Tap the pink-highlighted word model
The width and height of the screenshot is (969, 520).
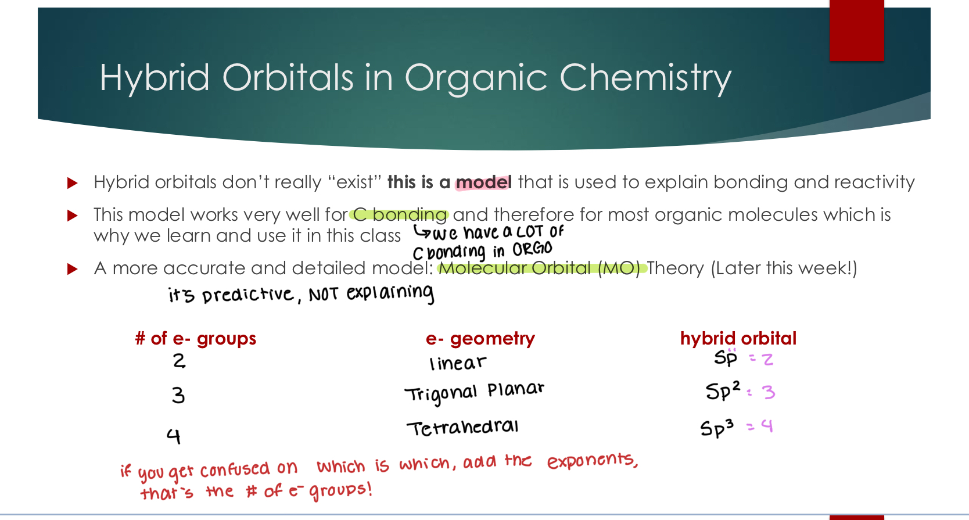pos(483,182)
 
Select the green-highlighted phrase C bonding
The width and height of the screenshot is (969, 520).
pos(400,215)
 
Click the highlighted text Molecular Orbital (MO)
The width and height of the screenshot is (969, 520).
pos(539,268)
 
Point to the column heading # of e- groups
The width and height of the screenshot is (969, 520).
pos(195,338)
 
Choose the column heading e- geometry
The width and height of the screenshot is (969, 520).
pos(480,338)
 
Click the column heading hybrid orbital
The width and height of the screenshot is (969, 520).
pos(738,338)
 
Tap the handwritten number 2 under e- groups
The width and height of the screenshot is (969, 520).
pos(179,361)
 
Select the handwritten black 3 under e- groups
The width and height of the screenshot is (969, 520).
pos(178,396)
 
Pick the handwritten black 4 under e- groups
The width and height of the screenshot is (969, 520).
pos(174,435)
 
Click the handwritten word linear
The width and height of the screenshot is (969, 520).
pos(457,363)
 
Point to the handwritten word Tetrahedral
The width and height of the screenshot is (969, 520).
pos(462,428)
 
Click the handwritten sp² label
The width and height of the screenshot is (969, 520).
pos(723,390)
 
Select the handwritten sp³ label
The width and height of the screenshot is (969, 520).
pos(717,428)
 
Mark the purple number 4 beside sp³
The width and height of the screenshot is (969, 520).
pos(767,426)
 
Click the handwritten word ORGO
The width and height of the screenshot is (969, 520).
pos(532,250)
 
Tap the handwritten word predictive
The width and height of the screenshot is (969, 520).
pos(248,295)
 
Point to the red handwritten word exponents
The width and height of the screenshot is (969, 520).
pos(592,461)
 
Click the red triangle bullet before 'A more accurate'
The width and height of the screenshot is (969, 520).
pos(73,269)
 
